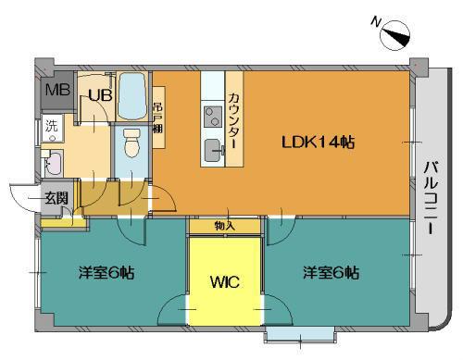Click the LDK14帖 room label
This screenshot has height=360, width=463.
[x=318, y=143]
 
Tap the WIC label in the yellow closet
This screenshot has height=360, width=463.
[x=225, y=281]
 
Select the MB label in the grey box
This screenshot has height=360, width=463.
[x=57, y=90]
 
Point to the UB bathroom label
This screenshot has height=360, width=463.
[x=100, y=95]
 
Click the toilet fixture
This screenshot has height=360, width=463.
[x=131, y=143]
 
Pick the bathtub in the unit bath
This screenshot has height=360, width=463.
[x=132, y=96]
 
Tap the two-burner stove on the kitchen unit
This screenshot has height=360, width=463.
[x=213, y=117]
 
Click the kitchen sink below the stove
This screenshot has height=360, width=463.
[x=213, y=150]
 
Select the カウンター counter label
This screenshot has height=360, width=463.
[x=234, y=120]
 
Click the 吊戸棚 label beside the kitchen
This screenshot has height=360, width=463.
[x=157, y=118]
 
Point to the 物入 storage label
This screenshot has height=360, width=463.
[x=225, y=227]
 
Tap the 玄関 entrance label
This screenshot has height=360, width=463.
[x=56, y=198]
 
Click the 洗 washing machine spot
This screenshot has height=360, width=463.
[x=52, y=126]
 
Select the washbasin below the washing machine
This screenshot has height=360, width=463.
[x=53, y=163]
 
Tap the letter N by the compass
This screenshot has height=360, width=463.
[x=376, y=22]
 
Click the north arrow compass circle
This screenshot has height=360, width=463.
[x=395, y=36]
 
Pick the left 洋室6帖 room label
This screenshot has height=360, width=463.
[x=106, y=273]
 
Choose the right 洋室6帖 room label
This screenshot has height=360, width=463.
[x=331, y=273]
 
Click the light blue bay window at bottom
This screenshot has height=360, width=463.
[x=300, y=334]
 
